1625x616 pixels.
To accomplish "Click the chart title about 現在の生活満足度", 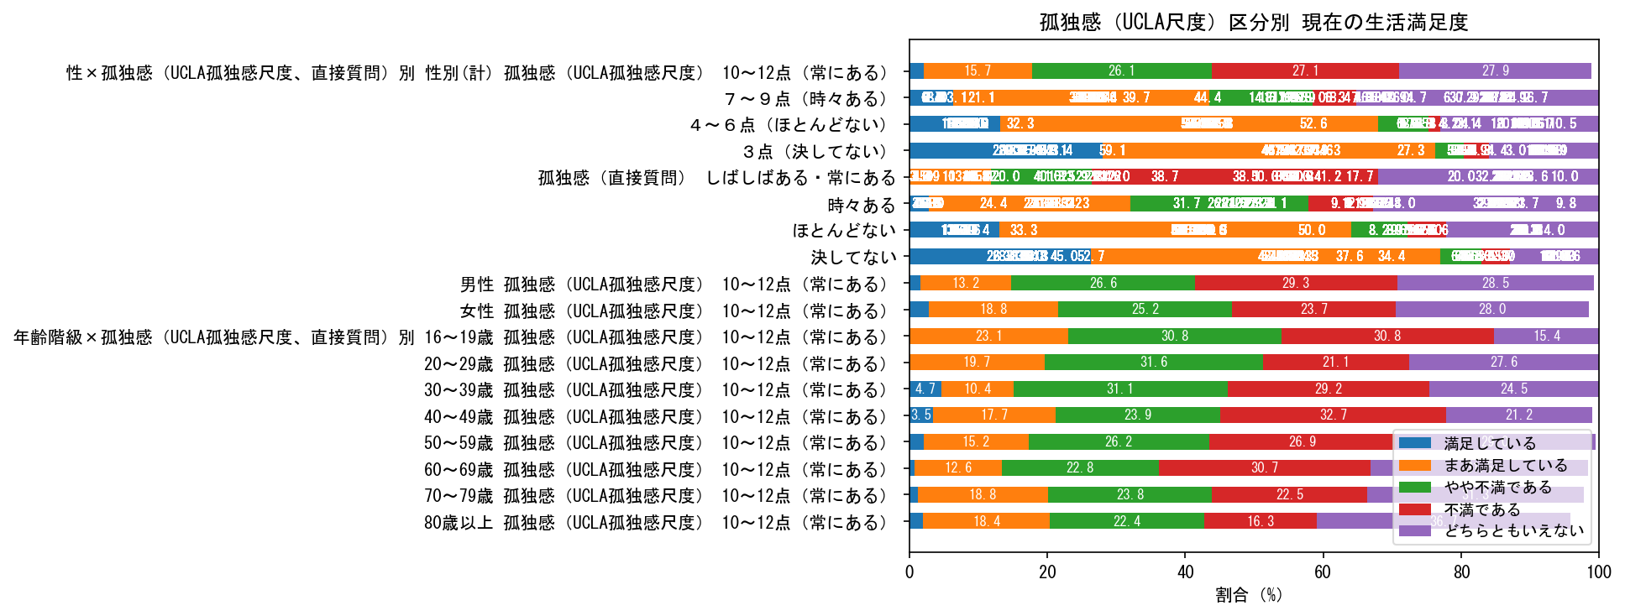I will [x=1253, y=22].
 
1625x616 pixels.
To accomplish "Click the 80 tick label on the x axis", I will [x=1461, y=572].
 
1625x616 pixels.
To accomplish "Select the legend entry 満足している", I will [x=1489, y=443].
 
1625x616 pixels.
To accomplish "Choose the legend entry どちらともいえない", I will [x=1513, y=530].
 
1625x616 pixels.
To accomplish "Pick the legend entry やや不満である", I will [x=1497, y=487].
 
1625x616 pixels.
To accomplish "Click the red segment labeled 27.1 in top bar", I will [x=1305, y=71].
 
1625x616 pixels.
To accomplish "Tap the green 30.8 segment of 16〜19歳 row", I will [x=1174, y=337].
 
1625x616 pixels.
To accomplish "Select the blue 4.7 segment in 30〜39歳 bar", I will [x=925, y=389].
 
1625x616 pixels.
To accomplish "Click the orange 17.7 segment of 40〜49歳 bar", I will [x=993, y=415].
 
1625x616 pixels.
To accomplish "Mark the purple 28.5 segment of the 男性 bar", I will [x=1495, y=284].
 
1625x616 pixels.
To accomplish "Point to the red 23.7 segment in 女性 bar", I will [x=1313, y=310].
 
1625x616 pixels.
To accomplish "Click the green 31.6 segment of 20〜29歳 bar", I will [x=1153, y=363].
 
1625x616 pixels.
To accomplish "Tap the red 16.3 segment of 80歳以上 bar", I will [x=1260, y=521].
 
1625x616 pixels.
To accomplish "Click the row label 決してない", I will [x=853, y=258].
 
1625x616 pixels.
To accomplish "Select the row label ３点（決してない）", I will [x=814, y=151].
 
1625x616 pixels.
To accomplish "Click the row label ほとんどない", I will [x=844, y=230].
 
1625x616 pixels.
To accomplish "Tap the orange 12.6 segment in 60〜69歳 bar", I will [x=957, y=468].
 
